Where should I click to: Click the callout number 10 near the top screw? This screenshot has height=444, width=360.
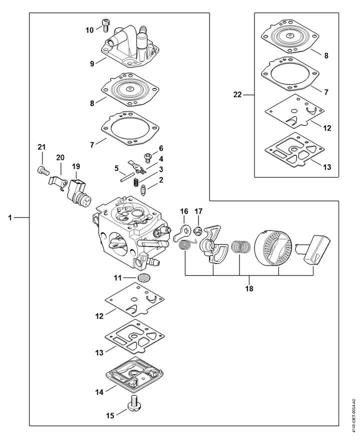[x=89, y=30]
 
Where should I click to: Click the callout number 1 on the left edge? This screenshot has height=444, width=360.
[x=10, y=217]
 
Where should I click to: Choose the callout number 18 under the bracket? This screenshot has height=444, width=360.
[x=248, y=288]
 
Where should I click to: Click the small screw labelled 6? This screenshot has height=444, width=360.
[x=147, y=157]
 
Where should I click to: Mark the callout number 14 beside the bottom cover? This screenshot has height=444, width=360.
[x=99, y=392]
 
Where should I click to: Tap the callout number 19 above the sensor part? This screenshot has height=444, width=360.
[x=75, y=166]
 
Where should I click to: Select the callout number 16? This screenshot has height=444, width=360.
[x=183, y=211]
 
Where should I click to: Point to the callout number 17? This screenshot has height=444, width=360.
[x=198, y=211]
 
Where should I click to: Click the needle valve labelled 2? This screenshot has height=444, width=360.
[x=144, y=190]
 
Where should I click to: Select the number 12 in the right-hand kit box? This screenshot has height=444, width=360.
[x=327, y=128]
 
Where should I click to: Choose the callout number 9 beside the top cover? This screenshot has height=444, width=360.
[x=92, y=63]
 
